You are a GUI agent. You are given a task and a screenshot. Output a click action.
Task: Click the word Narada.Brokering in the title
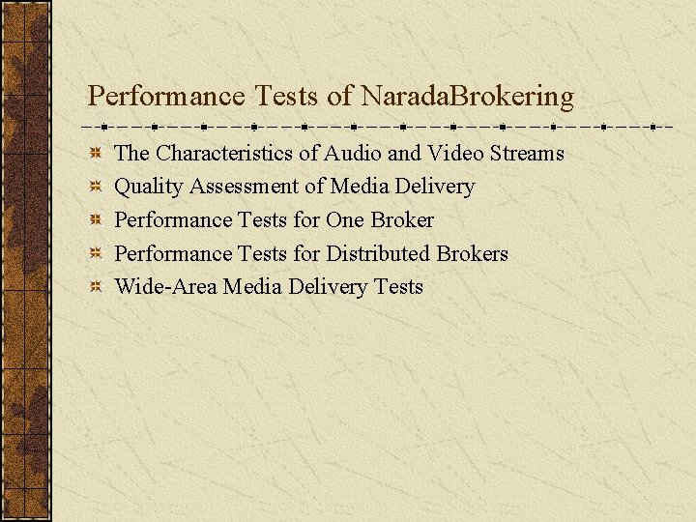coord(467,97)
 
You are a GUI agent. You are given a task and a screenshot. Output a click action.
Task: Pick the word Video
coord(455,153)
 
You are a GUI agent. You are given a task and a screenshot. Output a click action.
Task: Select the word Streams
coord(527,153)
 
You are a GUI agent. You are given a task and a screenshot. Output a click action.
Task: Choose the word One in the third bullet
coord(344,219)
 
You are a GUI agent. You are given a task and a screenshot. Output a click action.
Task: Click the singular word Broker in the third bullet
coord(401,219)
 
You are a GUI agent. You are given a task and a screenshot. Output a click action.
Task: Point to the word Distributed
coord(378,253)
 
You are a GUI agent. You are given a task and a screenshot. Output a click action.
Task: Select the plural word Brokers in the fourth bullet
coord(472,253)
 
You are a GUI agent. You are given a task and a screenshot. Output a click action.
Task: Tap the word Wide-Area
coord(165,286)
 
